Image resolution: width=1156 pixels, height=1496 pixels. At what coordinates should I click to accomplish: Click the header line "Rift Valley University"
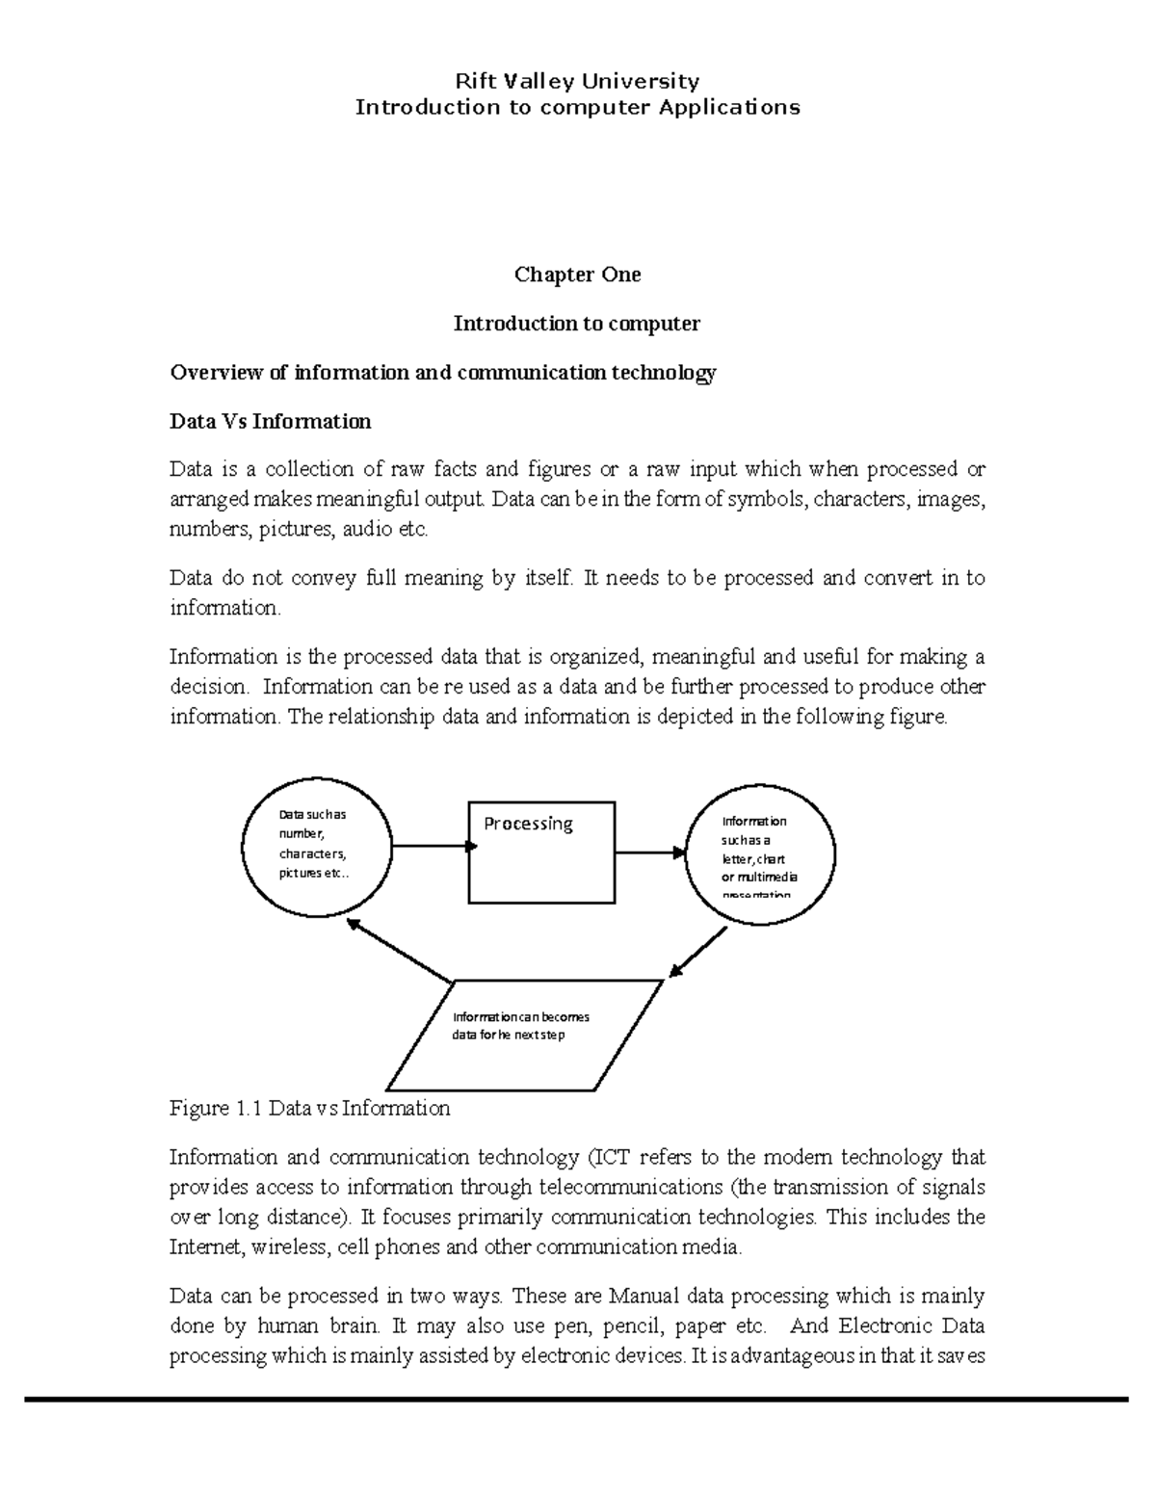pyautogui.click(x=577, y=81)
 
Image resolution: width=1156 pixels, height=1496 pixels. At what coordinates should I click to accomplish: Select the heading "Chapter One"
pyautogui.click(x=577, y=275)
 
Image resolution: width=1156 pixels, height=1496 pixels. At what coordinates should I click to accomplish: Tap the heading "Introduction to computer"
pyautogui.click(x=577, y=324)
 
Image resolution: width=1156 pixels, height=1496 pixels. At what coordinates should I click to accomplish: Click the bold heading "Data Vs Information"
pyautogui.click(x=270, y=421)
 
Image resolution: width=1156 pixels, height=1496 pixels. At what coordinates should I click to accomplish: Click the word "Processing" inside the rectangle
pyautogui.click(x=528, y=824)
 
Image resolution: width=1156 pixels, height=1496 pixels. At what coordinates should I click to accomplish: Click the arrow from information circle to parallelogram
pyautogui.click(x=697, y=953)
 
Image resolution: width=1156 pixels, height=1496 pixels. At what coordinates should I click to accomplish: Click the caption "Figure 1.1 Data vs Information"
pyautogui.click(x=309, y=1108)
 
